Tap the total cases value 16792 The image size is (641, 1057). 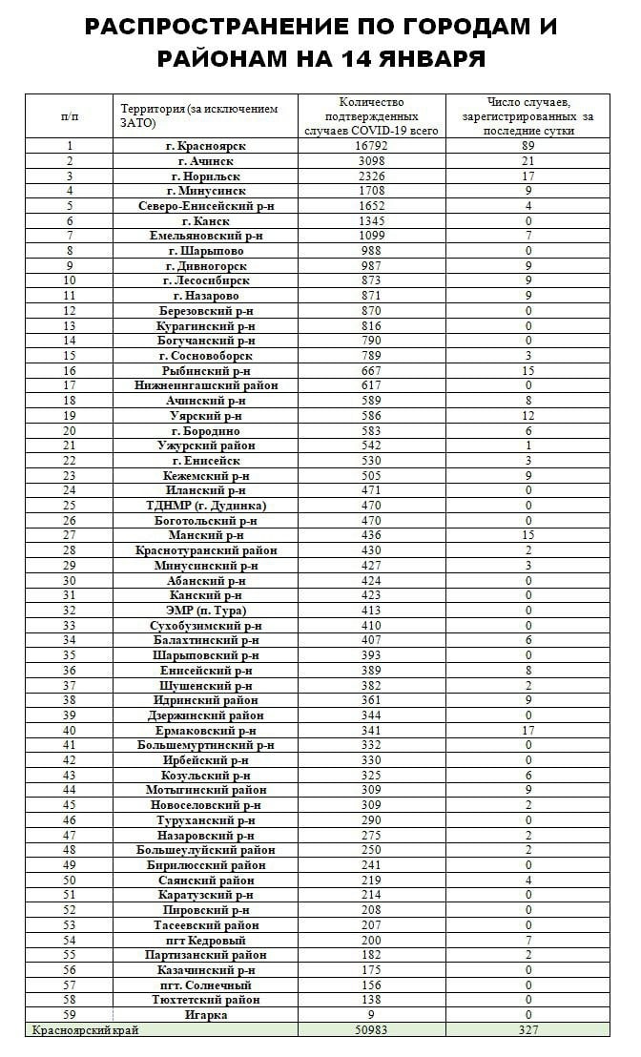point(371,146)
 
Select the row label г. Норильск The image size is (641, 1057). point(206,176)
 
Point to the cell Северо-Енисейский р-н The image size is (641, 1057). point(206,206)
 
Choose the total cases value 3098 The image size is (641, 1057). point(371,161)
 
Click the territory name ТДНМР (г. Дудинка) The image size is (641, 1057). point(206,506)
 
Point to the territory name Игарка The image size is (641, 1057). point(206,1015)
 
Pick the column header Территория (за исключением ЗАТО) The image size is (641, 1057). point(199,115)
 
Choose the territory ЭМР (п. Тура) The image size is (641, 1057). point(206,611)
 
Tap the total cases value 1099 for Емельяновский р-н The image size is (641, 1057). point(371,236)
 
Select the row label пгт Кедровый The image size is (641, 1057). point(206,941)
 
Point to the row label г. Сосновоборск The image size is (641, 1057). point(206,356)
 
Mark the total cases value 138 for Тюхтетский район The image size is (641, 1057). point(371,1000)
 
